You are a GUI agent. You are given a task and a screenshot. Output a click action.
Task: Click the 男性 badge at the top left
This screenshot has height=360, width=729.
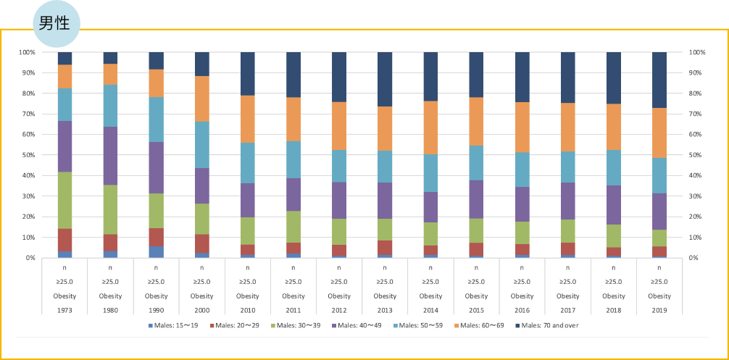pyautogui.click(x=55, y=23)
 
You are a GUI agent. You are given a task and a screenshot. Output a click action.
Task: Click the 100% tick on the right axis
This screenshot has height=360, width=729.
pyautogui.click(x=697, y=53)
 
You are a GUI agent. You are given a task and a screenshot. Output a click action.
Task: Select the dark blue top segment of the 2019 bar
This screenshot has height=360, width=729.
pyautogui.click(x=659, y=80)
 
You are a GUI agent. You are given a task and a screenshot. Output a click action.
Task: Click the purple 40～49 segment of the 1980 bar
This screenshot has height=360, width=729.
pyautogui.click(x=110, y=156)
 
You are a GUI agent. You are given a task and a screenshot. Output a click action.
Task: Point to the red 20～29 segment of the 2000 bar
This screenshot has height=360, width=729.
pyautogui.click(x=201, y=243)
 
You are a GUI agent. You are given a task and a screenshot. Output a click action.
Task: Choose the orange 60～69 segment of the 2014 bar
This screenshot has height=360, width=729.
pyautogui.click(x=430, y=127)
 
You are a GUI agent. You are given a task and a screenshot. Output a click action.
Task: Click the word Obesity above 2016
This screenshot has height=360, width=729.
pyautogui.click(x=522, y=296)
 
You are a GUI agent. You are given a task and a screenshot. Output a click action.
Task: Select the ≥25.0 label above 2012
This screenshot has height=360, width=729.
pyautogui.click(x=339, y=282)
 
